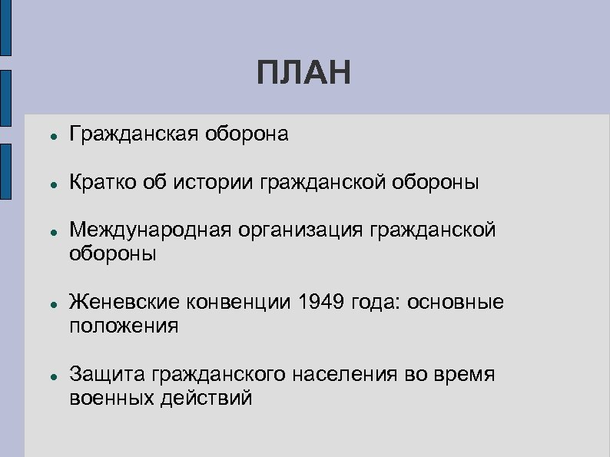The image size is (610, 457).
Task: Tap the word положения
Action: coord(124,326)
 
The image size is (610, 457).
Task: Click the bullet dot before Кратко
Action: coord(48,185)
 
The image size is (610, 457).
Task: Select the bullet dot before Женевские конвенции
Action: coord(48,305)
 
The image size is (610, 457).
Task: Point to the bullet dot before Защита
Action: coord(48,377)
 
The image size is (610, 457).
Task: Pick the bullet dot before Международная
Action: coord(48,233)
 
